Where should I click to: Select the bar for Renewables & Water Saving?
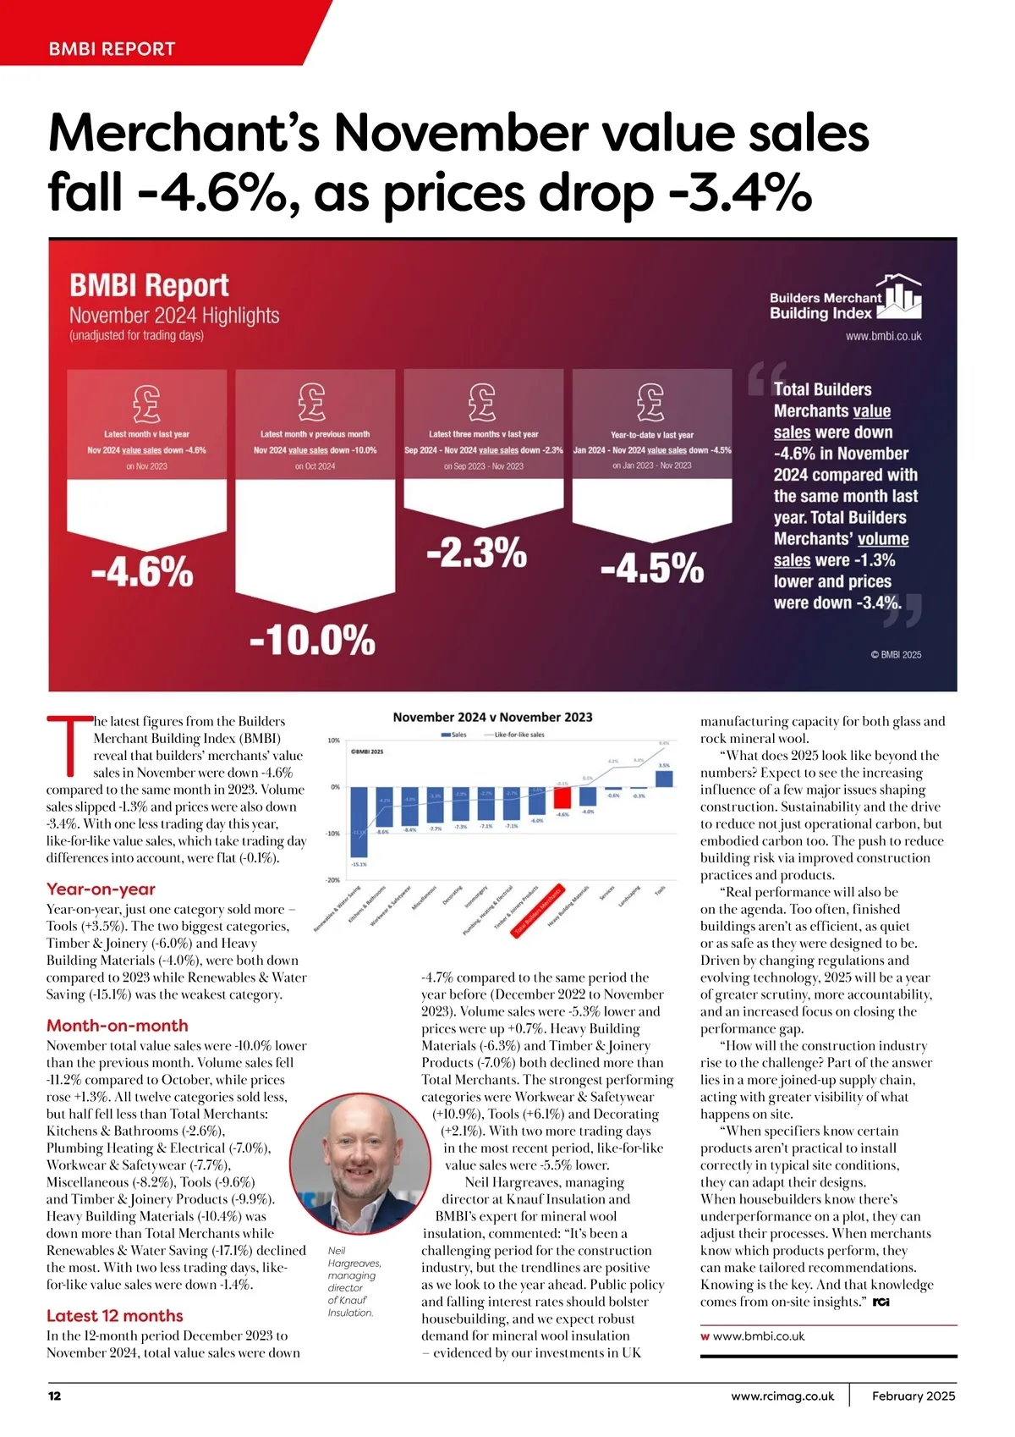[359, 822]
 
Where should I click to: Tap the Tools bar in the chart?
[664, 779]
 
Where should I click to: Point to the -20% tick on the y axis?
[333, 880]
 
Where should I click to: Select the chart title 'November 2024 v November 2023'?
[492, 717]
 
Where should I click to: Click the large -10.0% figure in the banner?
[312, 641]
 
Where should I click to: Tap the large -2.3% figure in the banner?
[476, 553]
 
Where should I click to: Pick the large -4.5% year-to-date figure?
[651, 568]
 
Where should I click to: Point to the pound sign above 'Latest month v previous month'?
[312, 402]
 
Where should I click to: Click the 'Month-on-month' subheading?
[118, 1026]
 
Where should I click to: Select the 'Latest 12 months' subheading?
[115, 1316]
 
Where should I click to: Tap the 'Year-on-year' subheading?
[101, 889]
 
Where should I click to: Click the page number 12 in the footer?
[55, 1396]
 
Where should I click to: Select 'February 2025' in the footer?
[913, 1396]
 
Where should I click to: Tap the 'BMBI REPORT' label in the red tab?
[112, 49]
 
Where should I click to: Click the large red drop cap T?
[68, 746]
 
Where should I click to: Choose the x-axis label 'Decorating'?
[453, 895]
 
